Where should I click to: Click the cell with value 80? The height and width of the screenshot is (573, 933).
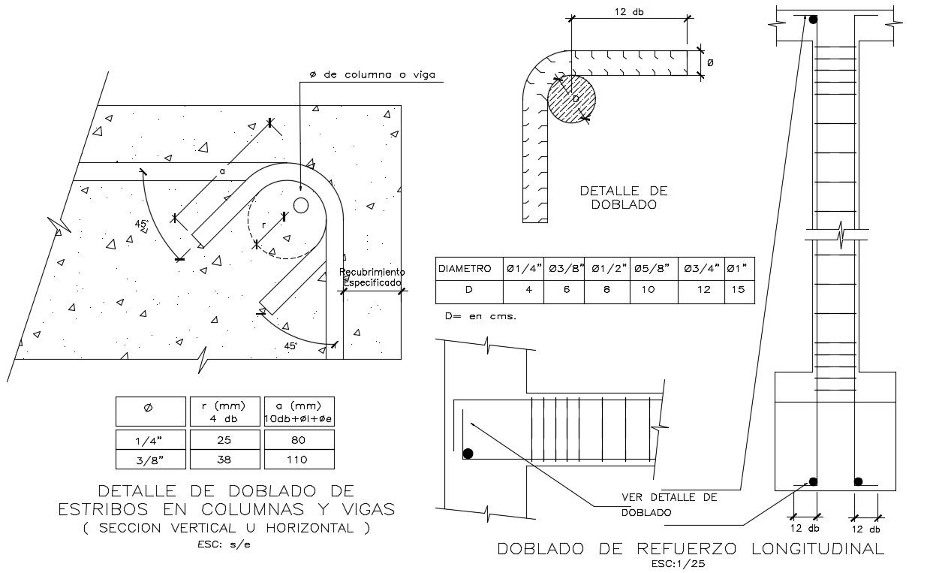point(299,439)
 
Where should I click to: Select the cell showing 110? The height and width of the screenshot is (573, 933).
point(299,460)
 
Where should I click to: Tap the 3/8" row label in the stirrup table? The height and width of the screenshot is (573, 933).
point(151,460)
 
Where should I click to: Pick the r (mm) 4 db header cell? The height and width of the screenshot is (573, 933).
point(225,412)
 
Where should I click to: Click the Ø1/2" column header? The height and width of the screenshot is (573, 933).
point(607,269)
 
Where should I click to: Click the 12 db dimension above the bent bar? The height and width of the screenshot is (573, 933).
point(629,12)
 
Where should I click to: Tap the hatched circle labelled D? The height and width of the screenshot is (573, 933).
point(571,99)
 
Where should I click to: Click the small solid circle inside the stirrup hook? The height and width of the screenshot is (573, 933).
point(301,206)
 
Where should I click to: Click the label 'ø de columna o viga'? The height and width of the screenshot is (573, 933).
point(372,74)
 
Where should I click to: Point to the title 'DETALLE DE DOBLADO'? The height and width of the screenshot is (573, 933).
point(624,198)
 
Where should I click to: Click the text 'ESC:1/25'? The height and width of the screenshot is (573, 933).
point(679,564)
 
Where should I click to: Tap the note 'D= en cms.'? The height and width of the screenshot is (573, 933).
point(480,316)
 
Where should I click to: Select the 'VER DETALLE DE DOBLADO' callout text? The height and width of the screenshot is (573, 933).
point(670,505)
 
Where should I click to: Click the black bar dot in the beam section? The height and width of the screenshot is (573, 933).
point(468,454)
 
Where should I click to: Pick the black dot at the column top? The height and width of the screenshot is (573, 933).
point(813,20)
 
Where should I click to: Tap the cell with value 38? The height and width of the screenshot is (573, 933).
point(225,460)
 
